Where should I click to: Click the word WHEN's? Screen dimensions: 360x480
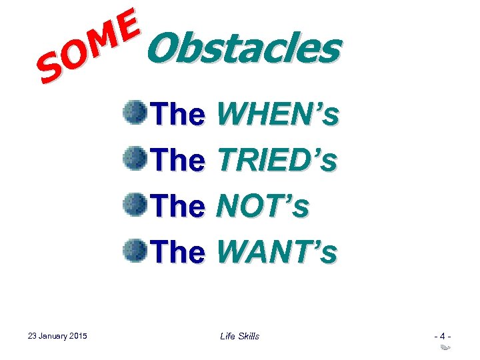tap(277, 115)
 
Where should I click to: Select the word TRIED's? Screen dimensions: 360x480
tap(277, 160)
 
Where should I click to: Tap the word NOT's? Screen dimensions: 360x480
tap(263, 206)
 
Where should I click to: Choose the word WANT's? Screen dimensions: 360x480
tap(277, 251)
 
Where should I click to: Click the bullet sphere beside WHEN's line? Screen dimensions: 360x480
tap(135, 112)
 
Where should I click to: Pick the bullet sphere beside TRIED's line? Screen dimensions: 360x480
tap(135, 158)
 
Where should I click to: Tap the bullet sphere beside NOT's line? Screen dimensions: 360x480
tap(135, 203)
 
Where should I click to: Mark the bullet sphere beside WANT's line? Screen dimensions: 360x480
tap(135, 249)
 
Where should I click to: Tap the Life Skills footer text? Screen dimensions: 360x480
tap(239, 336)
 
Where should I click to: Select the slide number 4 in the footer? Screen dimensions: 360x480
tap(440, 335)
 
